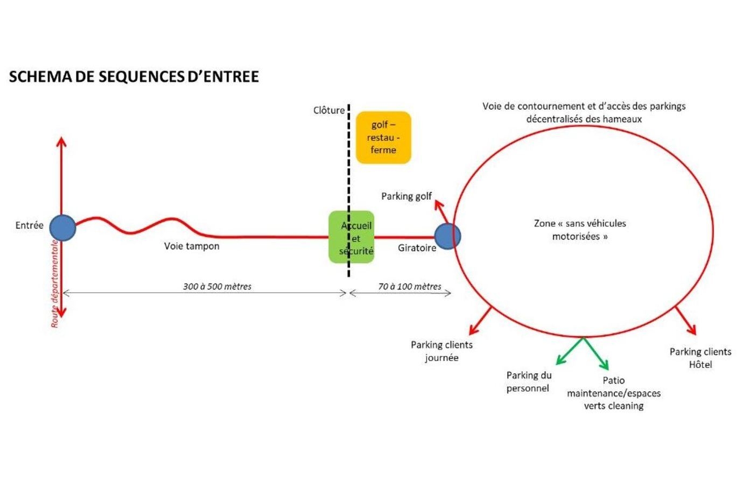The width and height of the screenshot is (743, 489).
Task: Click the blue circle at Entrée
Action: pyautogui.click(x=62, y=228)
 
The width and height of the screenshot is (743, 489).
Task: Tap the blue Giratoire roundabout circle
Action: pyautogui.click(x=447, y=236)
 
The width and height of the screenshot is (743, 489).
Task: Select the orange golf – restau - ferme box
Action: pyautogui.click(x=383, y=137)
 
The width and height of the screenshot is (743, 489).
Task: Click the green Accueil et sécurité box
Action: pyautogui.click(x=352, y=237)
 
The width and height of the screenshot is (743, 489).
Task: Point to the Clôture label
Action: pyautogui.click(x=328, y=110)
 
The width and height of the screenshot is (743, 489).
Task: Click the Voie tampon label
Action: pyautogui.click(x=192, y=246)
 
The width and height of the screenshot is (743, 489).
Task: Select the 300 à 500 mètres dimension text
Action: pyautogui.click(x=217, y=286)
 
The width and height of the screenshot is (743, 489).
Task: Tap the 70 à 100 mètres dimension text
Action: pyautogui.click(x=409, y=286)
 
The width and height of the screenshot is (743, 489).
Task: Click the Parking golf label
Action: pyautogui.click(x=406, y=196)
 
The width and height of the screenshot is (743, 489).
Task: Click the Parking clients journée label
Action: pyautogui.click(x=441, y=351)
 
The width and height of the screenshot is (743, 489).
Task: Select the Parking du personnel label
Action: pyautogui.click(x=528, y=381)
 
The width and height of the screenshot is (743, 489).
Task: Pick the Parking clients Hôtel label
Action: pyautogui.click(x=700, y=358)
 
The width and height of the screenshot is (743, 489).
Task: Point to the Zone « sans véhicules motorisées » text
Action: pyautogui.click(x=580, y=230)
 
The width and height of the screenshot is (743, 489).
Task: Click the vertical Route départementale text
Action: pyautogui.click(x=55, y=284)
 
